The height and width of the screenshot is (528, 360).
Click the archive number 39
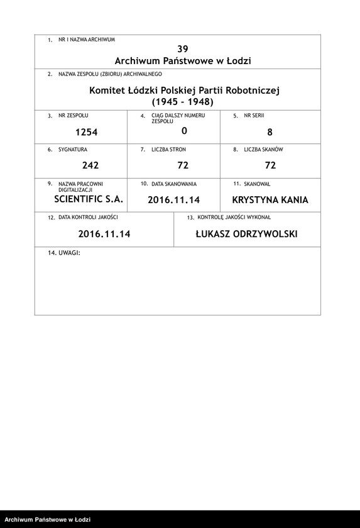pos(183,48)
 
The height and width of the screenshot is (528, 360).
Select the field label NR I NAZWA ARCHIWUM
pos(86,39)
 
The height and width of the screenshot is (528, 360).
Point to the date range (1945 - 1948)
pos(183,102)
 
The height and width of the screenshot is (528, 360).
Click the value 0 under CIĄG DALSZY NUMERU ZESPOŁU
pos(183,131)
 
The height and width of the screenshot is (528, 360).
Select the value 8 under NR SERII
pos(270,132)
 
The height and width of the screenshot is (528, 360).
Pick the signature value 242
pos(91,165)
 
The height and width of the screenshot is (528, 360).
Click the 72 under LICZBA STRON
pos(183,165)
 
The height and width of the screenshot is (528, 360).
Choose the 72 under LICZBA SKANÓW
pos(270,165)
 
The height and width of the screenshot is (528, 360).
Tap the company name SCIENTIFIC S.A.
pos(89,199)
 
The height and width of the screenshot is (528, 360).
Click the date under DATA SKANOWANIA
pos(173,200)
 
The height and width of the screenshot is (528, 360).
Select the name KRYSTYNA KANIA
pos(270,200)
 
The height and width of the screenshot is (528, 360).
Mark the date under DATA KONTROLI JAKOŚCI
pos(104,234)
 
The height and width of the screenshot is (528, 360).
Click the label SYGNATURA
pos(72,150)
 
